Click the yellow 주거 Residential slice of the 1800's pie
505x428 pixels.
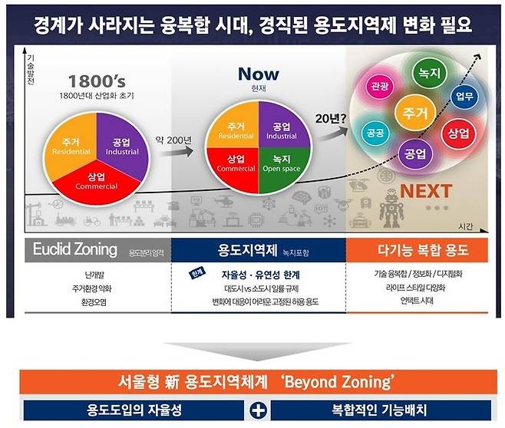pos(71,146)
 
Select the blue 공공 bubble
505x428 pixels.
pos(376,132)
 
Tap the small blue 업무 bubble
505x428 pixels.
pos(464,97)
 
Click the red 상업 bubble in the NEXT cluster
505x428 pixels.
pos(458,134)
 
